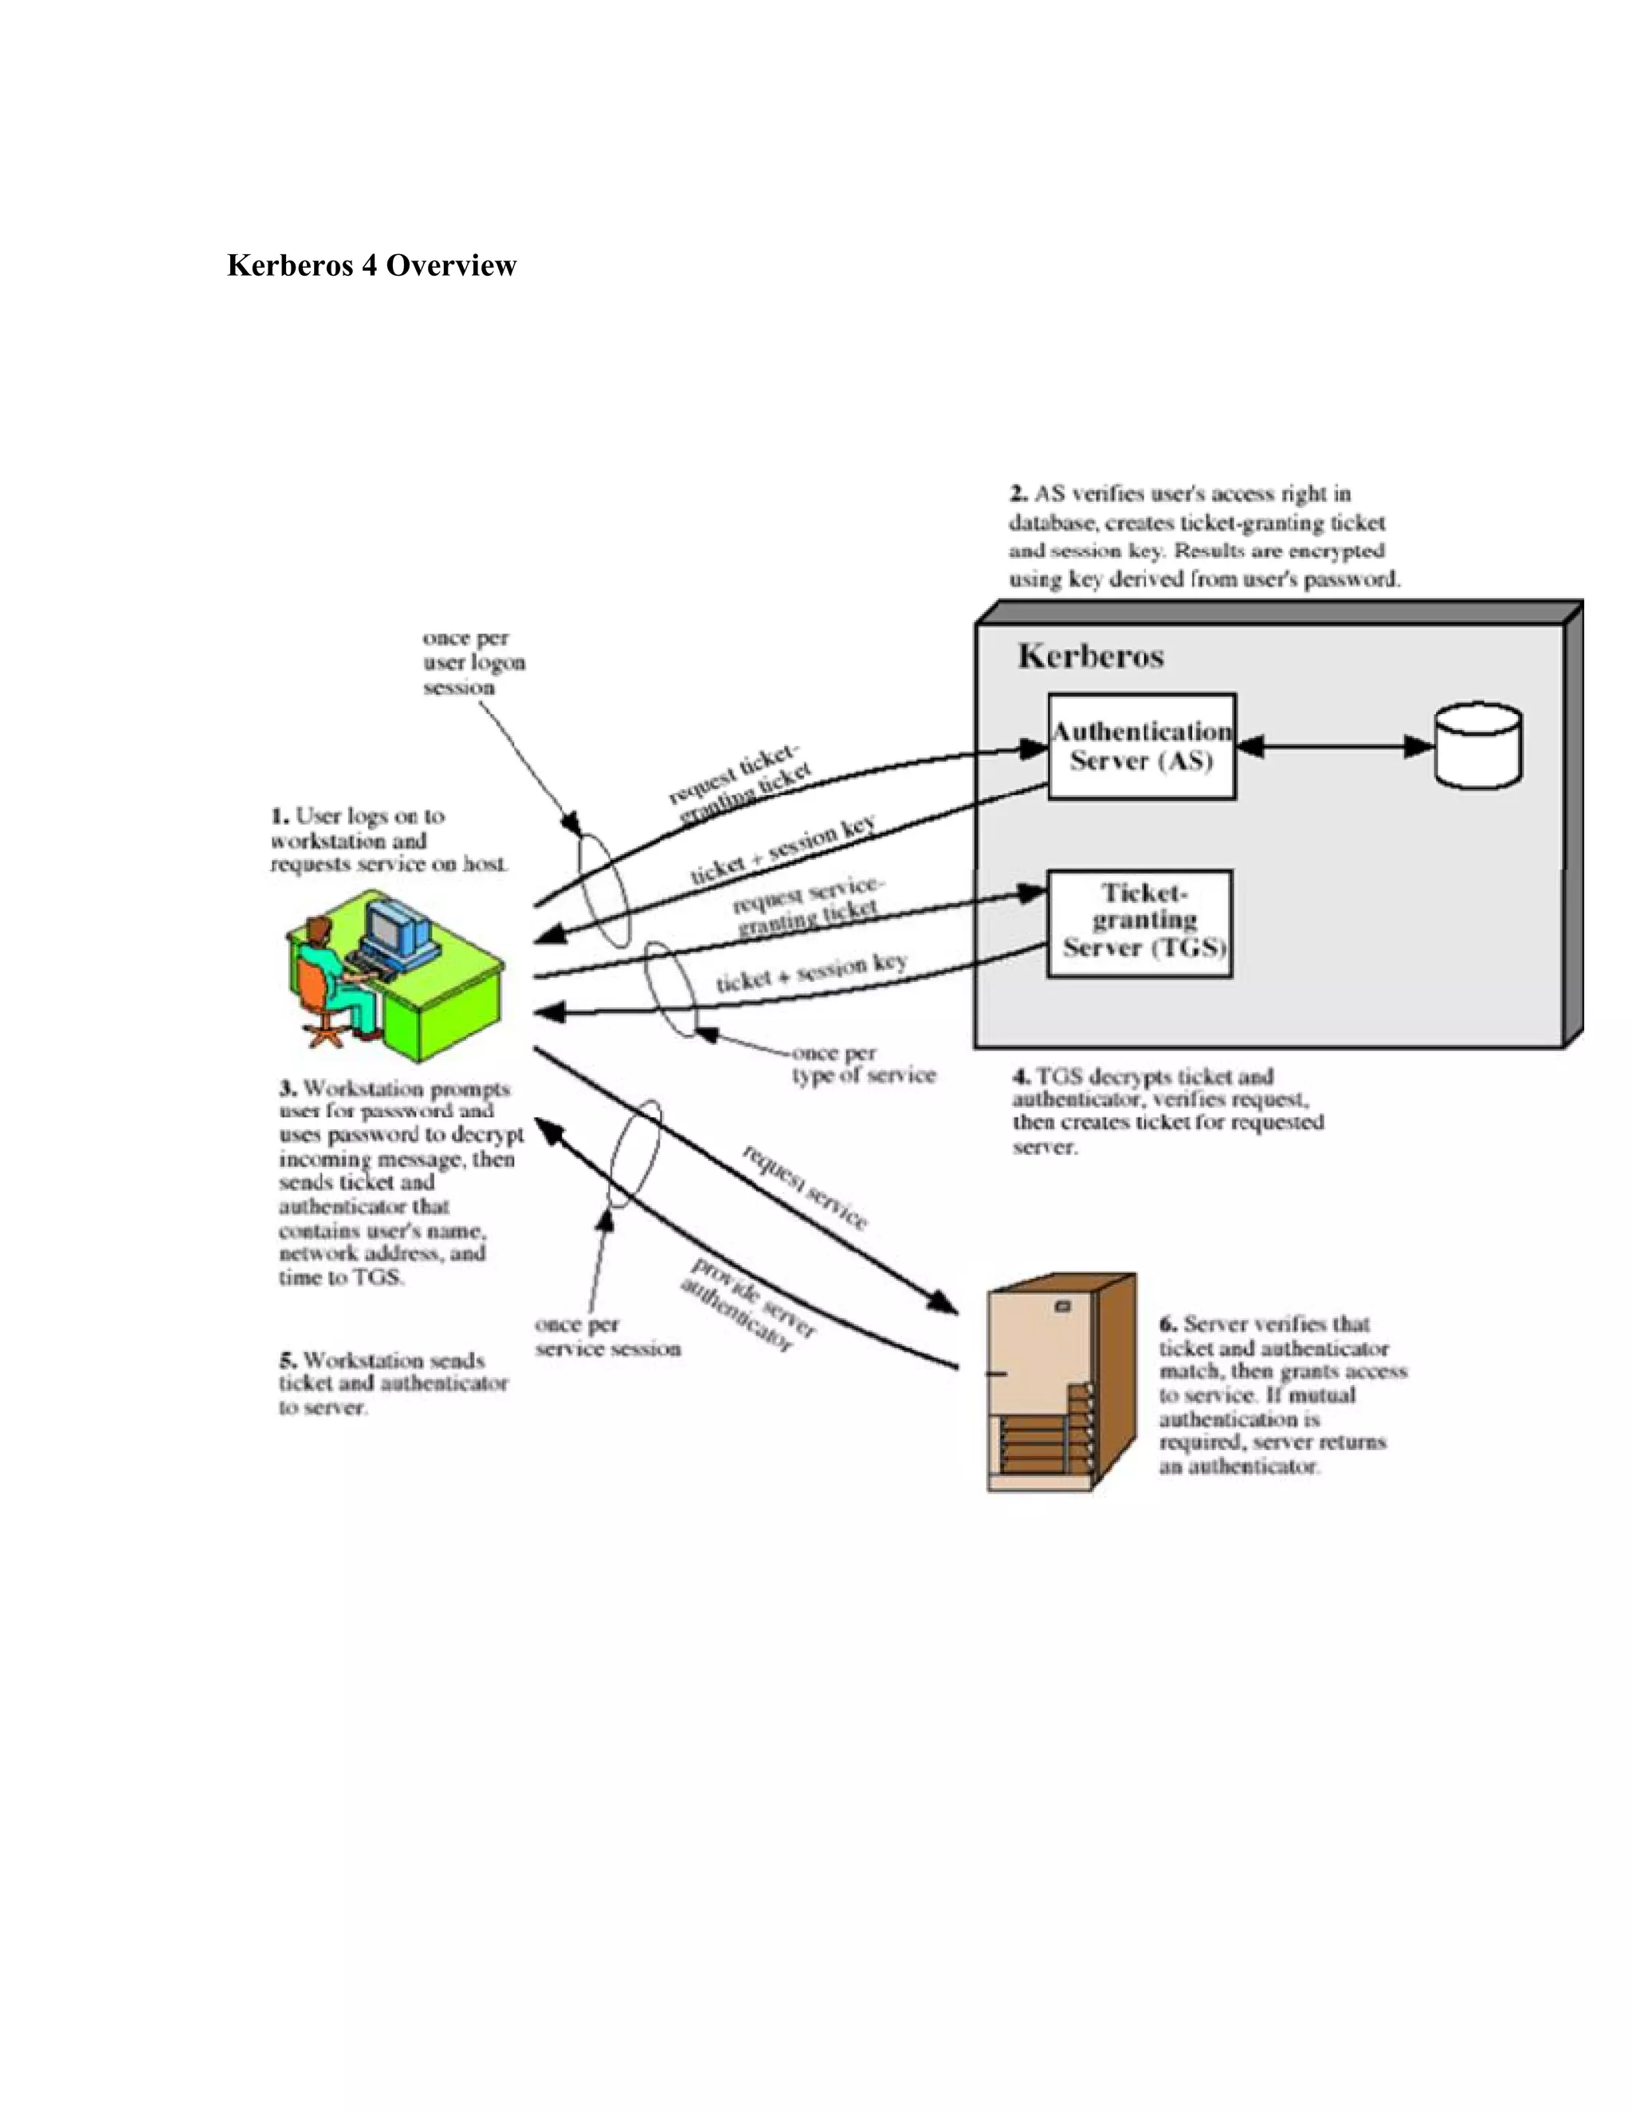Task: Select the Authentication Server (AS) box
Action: tap(1141, 746)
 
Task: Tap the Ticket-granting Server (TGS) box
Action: tap(1140, 923)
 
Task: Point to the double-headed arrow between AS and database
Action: tap(1334, 746)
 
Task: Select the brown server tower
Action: tap(1061, 1382)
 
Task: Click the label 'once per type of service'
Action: tap(863, 1065)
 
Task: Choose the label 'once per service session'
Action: tap(606, 1337)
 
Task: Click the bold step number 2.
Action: tap(1018, 494)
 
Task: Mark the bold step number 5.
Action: tap(287, 1360)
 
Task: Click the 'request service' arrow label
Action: tap(804, 1187)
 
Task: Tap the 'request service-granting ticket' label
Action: tap(807, 907)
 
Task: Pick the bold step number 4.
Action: tap(1021, 1076)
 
